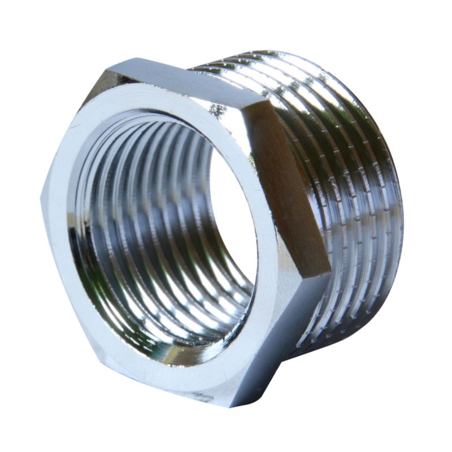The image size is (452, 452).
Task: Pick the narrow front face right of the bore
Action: (x=266, y=237)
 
